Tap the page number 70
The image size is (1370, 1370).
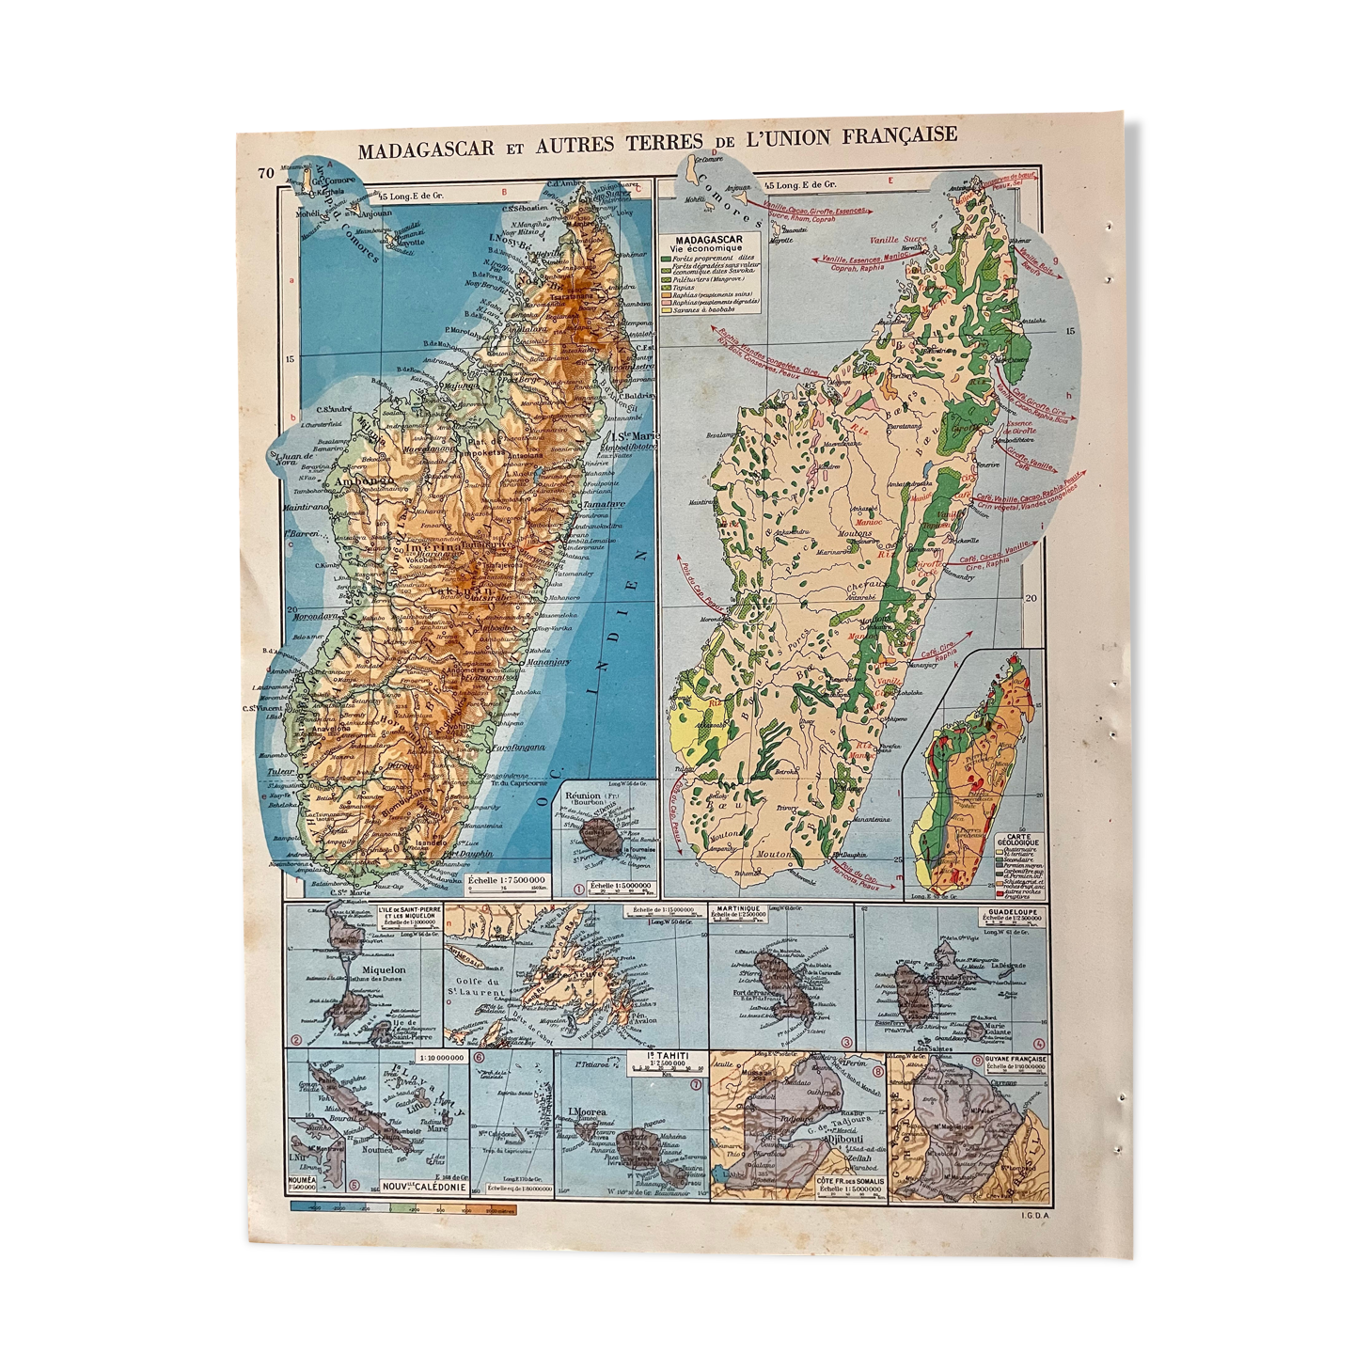point(265,172)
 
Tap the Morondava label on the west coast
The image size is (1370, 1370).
point(315,617)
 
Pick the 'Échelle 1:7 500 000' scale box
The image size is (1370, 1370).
point(507,882)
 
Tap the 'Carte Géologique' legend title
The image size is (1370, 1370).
point(1017,841)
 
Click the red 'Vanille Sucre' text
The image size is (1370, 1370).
point(898,240)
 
